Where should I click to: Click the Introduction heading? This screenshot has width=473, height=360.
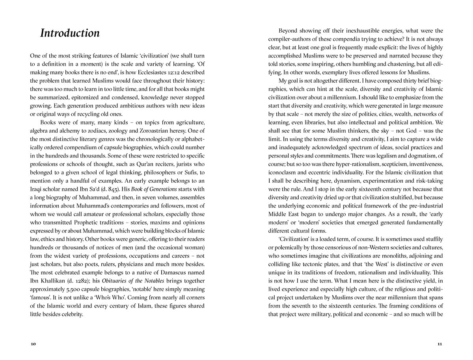70,33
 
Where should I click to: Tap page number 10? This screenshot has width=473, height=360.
33,344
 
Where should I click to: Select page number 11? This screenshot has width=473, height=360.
440,344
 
